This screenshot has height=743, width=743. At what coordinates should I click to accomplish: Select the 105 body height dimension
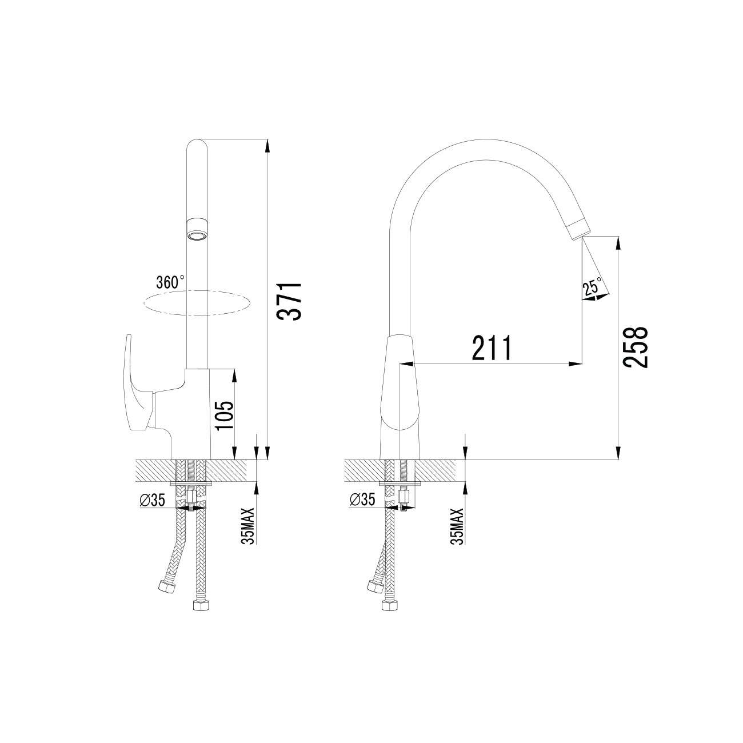point(224,415)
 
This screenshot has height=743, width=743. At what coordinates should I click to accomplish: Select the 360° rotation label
point(170,282)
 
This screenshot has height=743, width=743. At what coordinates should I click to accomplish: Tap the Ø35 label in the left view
point(152,500)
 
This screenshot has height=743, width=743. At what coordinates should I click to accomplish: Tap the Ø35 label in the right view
point(362,500)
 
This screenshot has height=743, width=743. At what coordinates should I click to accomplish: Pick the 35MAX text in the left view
point(249,526)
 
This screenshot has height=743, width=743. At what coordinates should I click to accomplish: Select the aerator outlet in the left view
point(197,230)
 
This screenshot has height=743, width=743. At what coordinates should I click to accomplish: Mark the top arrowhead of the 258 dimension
point(619,242)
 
